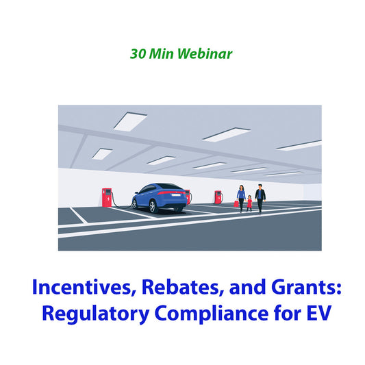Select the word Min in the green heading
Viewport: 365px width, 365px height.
pyautogui.click(x=162, y=53)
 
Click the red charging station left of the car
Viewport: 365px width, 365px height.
pyautogui.click(x=107, y=197)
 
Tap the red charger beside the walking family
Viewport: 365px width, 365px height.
pyautogui.click(x=218, y=197)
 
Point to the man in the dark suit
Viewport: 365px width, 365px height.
pyautogui.click(x=260, y=198)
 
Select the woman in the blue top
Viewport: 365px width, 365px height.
pyautogui.click(x=241, y=197)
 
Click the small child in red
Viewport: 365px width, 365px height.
pyautogui.click(x=250, y=203)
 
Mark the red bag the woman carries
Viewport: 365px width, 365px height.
pyautogui.click(x=237, y=203)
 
